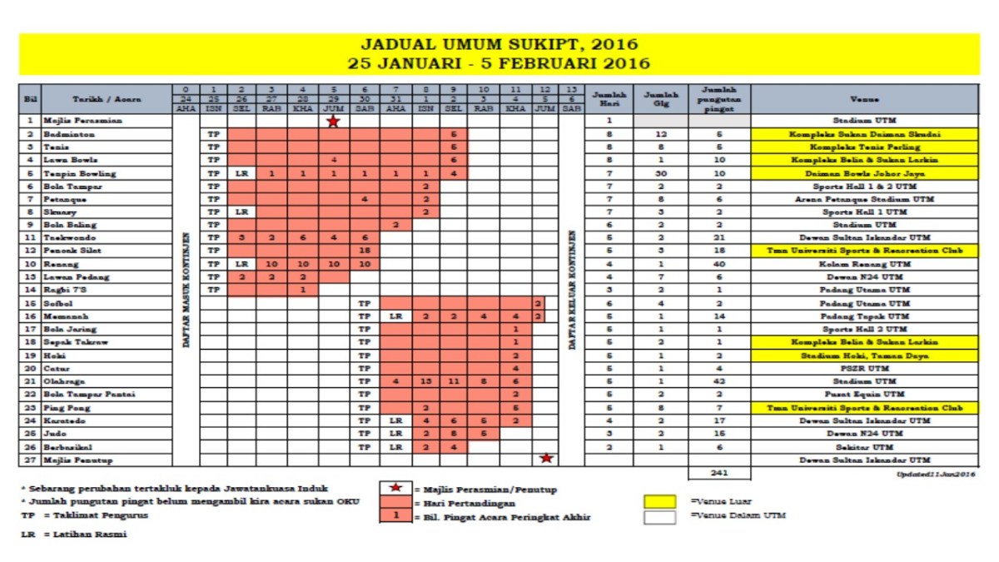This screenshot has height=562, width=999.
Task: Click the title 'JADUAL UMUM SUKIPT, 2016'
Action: [x=499, y=44]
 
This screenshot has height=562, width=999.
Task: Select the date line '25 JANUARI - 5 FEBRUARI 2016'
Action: [x=499, y=63]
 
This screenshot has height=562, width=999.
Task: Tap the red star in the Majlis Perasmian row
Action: [x=333, y=122]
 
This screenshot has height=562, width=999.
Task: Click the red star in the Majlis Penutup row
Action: [x=546, y=459]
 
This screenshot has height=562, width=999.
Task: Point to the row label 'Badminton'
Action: [x=70, y=134]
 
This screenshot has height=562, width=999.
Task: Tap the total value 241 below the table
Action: [x=719, y=473]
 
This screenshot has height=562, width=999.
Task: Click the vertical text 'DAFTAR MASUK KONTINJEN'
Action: [x=186, y=290]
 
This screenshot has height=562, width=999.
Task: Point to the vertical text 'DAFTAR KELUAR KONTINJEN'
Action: [x=571, y=290]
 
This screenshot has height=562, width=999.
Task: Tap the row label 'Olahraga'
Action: [x=67, y=380]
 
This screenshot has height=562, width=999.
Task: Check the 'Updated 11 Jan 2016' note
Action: [x=936, y=474]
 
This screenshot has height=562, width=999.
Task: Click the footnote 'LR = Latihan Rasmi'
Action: [x=74, y=534]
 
